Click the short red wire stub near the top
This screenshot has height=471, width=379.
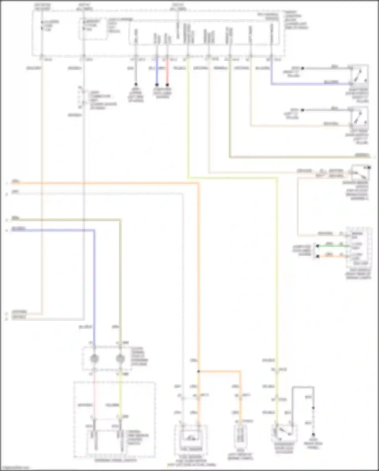[x=167, y=72]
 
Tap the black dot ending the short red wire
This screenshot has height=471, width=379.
[x=167, y=85]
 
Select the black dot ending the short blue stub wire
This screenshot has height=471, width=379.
[x=157, y=85]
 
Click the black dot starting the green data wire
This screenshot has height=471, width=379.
[x=318, y=246]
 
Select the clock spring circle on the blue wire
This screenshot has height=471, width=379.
[x=94, y=359]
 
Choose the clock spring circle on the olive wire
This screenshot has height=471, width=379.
[x=120, y=359]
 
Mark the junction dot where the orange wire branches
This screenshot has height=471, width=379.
[x=199, y=372]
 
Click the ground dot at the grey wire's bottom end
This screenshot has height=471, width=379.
[x=313, y=435]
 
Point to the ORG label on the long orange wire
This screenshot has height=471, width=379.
[x=16, y=181]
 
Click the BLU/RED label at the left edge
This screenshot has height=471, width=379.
[x=18, y=229]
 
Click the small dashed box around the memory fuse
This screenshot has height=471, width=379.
[x=93, y=29]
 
